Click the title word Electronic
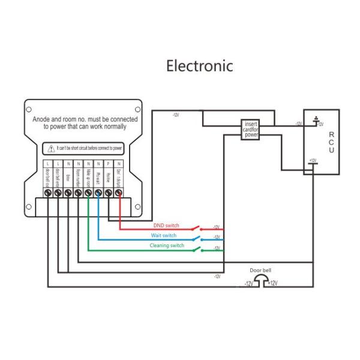pos(200,65)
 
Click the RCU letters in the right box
pos(331,143)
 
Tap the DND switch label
pos(166,225)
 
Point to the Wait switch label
pos(163,235)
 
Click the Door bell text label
pos(261,271)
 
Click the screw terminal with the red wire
pos(118,193)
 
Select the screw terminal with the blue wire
pos(98,193)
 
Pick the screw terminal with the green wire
pos(88,193)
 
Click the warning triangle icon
pos(52,147)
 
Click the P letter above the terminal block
pos(108,164)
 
